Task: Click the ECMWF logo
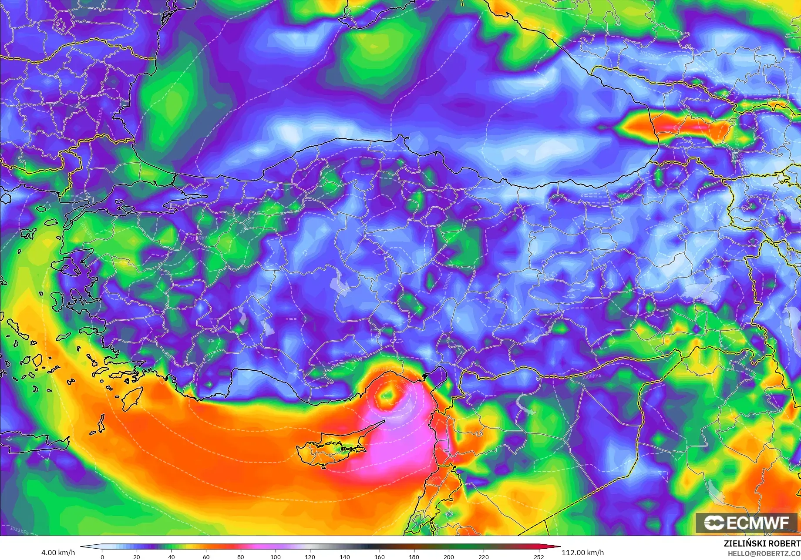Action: coord(746,523)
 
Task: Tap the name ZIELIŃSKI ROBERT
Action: coord(762,543)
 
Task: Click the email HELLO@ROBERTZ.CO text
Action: coord(764,553)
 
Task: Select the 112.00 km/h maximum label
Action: coord(582,553)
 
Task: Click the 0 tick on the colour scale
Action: coord(102,557)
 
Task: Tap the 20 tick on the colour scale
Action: coord(137,557)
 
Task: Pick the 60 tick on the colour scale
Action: coord(206,557)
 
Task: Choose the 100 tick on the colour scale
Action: coord(275,557)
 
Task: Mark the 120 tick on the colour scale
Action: coord(310,557)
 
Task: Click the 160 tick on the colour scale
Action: coord(379,557)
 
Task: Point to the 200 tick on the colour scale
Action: coord(448,557)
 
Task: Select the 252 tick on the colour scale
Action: coord(539,557)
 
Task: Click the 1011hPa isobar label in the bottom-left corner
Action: coord(20,530)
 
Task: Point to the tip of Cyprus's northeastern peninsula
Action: coord(384,421)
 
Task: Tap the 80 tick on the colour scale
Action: coord(241,557)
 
